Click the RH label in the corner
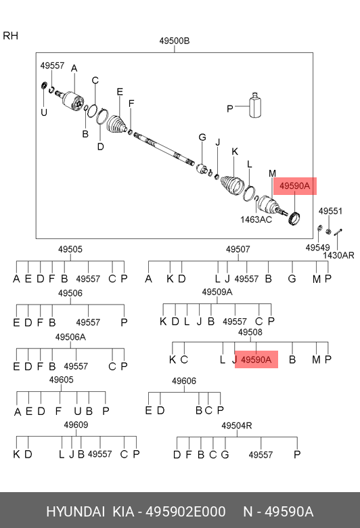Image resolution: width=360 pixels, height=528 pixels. click(10, 36)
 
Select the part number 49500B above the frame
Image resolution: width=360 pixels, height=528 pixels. click(175, 41)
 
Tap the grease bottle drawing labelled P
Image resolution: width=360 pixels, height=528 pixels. click(255, 105)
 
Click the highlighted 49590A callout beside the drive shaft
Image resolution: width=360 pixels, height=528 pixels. click(294, 186)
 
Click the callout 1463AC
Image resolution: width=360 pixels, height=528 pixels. click(256, 219)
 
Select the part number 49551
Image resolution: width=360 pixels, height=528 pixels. click(330, 211)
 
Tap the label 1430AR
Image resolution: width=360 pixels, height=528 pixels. click(338, 255)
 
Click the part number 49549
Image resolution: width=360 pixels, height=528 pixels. click(317, 248)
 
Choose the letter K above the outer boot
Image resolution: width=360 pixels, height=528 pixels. click(235, 152)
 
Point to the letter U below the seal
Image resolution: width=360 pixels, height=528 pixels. click(44, 112)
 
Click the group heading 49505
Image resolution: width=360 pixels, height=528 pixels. click(70, 249)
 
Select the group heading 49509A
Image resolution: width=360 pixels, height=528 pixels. click(217, 292)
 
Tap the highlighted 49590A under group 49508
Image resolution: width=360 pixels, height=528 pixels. click(256, 359)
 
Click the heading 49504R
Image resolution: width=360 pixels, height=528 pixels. click(236, 426)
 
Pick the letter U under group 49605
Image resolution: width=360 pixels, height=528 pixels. click(77, 411)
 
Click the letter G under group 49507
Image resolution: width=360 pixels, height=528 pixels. click(292, 279)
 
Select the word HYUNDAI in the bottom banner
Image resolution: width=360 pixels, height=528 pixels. click(75, 512)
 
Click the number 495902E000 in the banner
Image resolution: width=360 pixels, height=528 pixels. click(185, 512)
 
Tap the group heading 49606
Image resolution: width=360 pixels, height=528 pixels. click(184, 381)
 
